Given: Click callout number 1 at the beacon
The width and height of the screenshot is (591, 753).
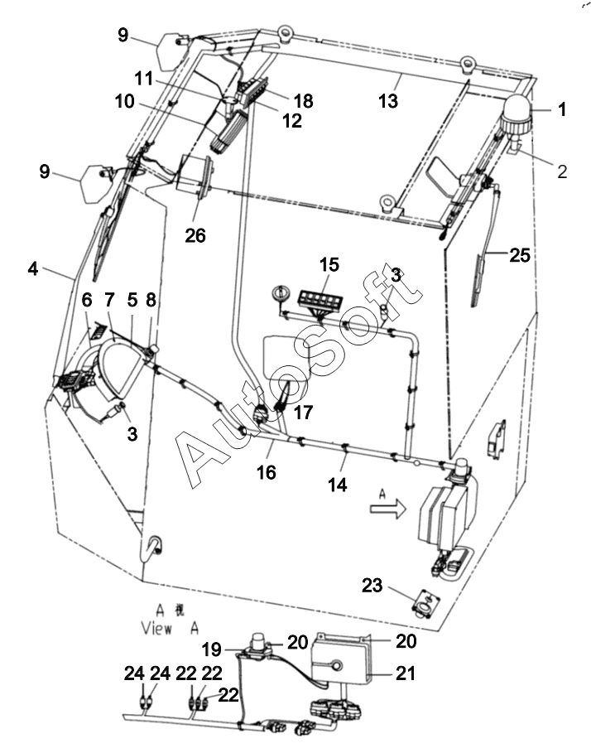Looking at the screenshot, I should coord(562,109).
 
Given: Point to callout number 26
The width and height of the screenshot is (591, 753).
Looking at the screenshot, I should coord(195,236).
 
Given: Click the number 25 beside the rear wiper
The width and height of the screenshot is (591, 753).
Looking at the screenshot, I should coord(519,256).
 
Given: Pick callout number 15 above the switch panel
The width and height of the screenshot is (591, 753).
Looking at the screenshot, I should coord(329,265).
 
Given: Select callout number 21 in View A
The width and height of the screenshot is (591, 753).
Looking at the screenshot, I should coord(406,676).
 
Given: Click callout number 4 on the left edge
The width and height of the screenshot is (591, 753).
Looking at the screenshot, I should coord(33,269).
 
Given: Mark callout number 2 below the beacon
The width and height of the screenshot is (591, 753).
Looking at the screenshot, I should coord(562,171).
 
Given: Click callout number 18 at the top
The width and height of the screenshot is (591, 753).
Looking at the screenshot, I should coord(303,101).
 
